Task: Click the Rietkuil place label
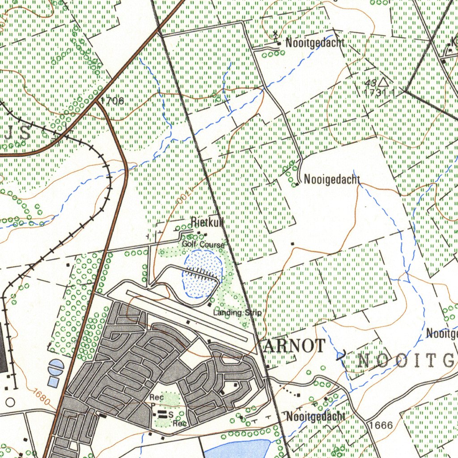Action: point(207,221)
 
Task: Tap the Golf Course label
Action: point(203,245)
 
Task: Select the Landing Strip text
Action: point(237,313)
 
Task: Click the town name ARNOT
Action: point(294,346)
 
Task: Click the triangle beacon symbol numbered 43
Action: point(383,82)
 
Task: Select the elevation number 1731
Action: point(375,93)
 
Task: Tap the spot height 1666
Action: point(382,425)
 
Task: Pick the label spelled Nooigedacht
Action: point(332,180)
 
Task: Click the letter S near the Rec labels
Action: point(170,415)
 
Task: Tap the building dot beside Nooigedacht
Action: point(297,184)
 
